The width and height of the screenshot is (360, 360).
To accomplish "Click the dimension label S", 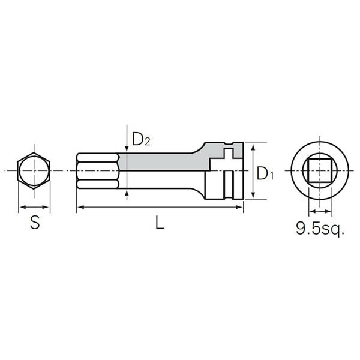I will point(35,223).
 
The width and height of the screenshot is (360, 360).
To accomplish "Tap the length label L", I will point(159,223).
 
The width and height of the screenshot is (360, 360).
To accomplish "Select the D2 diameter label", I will point(140,140).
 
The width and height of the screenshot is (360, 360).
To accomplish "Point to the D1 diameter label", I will point(265,173).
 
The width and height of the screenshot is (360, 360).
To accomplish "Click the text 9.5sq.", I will point(320,229).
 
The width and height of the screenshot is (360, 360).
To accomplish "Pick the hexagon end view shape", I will point(34,172).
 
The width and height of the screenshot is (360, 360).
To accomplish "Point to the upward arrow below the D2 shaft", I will point(127,194).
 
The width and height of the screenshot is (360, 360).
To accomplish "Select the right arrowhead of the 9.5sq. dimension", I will point(329,211).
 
